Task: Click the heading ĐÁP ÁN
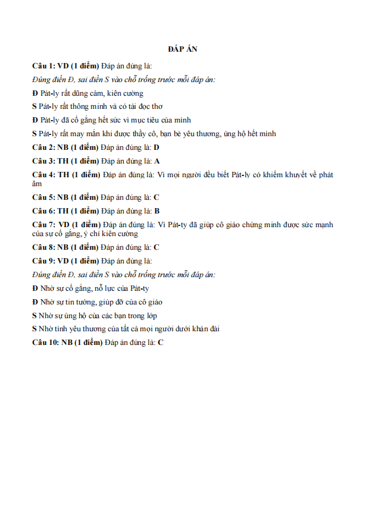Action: [182, 50]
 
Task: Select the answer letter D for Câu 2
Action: [157, 147]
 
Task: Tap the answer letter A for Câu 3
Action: [157, 161]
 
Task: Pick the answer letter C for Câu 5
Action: [157, 197]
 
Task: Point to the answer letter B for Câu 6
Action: [157, 211]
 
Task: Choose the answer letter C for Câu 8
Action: [157, 247]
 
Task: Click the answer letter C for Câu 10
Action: [161, 343]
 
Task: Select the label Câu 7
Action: [43, 225]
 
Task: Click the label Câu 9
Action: [43, 261]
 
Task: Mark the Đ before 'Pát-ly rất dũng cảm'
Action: [35, 93]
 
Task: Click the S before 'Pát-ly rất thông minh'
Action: [35, 106]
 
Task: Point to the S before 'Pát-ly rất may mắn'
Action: [35, 134]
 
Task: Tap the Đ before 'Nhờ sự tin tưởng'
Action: [35, 302]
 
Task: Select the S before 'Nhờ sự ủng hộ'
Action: [35, 316]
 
